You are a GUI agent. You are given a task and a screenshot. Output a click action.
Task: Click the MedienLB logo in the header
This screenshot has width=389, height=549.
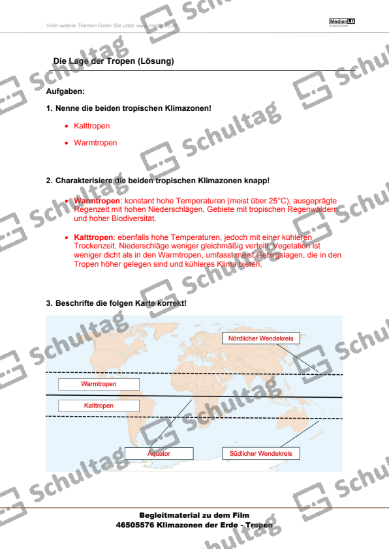click(x=342, y=23)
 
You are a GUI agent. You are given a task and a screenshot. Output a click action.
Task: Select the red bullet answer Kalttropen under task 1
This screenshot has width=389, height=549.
click(x=92, y=126)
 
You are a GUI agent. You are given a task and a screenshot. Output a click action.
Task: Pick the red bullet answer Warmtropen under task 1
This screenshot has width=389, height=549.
click(x=95, y=142)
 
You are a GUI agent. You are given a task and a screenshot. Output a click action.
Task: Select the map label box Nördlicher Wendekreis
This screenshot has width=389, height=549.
click(x=260, y=338)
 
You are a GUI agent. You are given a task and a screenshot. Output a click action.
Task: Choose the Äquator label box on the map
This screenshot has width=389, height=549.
click(x=159, y=453)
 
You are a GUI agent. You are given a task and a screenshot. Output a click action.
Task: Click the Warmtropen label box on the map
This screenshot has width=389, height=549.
click(x=99, y=385)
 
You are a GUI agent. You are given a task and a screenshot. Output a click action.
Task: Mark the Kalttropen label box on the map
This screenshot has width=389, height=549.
click(x=99, y=406)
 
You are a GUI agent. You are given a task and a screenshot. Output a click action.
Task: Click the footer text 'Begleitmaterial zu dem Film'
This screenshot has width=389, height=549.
click(x=194, y=515)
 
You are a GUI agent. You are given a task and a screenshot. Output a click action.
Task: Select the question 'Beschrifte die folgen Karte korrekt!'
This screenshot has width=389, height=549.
click(x=121, y=304)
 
